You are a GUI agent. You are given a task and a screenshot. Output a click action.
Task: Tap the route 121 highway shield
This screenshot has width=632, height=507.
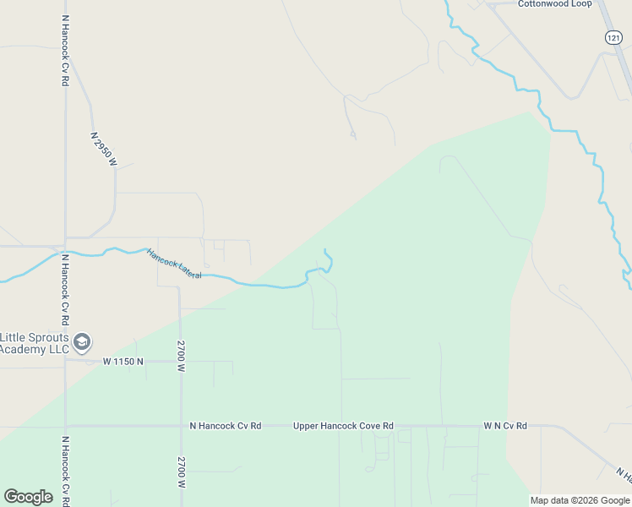pyautogui.click(x=614, y=37)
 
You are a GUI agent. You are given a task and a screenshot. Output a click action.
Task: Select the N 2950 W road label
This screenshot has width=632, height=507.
pyautogui.click(x=103, y=149)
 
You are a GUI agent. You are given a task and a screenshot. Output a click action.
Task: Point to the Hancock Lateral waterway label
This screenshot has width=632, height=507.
pyautogui.click(x=174, y=264)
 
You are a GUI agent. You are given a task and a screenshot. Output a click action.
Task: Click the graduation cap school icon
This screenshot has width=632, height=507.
pyautogui.click(x=82, y=342)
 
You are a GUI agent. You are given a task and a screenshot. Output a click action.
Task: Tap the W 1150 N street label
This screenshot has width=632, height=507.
pyautogui.click(x=123, y=362)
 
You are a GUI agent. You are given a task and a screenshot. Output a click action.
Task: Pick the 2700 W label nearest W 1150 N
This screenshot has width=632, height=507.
pyautogui.click(x=181, y=356)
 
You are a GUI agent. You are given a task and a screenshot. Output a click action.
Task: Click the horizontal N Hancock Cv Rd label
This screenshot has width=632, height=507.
pyautogui.click(x=226, y=426)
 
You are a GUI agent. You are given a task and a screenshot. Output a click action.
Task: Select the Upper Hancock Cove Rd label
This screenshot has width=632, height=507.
pyautogui.click(x=343, y=426)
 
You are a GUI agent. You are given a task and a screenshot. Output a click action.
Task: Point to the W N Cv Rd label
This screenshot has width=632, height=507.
pyautogui.click(x=505, y=426)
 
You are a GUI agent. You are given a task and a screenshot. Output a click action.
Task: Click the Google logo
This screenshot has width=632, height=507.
pyautogui.click(x=28, y=497)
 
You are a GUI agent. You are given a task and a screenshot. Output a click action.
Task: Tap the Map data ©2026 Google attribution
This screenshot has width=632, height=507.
pyautogui.click(x=580, y=500)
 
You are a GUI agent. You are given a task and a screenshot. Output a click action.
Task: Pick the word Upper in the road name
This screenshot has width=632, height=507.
pyautogui.click(x=307, y=426)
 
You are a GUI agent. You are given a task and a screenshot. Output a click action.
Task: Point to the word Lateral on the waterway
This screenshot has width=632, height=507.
pyautogui.click(x=188, y=270)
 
